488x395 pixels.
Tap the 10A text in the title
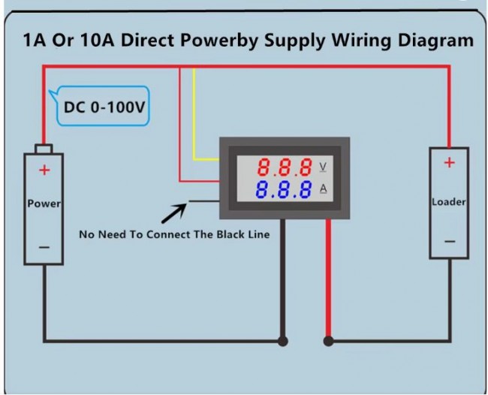(97, 40)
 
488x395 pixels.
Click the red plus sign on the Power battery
(44, 170)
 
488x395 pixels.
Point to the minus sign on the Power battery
(44, 248)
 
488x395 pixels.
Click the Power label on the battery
(44, 204)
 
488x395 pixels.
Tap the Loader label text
(449, 202)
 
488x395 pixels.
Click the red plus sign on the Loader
(449, 162)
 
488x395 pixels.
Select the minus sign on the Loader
(450, 241)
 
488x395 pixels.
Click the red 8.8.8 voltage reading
(285, 167)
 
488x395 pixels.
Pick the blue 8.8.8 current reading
(284, 189)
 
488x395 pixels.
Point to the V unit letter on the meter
(323, 167)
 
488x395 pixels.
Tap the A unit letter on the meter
(324, 188)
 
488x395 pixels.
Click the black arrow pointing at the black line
(174, 213)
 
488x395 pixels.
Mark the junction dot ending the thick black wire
(282, 342)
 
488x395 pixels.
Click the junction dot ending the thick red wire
(328, 342)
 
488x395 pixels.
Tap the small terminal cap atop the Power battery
(44, 149)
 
